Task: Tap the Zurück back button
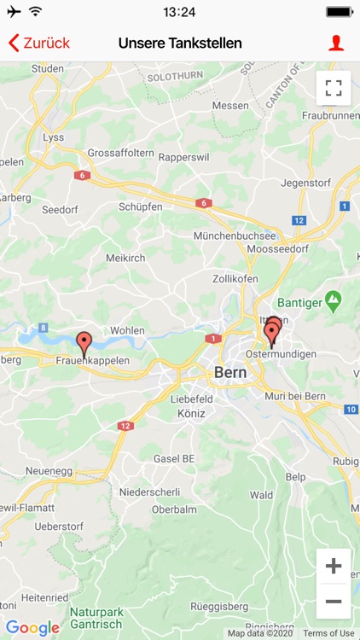[x=38, y=43]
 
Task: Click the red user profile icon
[x=336, y=43]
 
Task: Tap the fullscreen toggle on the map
[x=334, y=88]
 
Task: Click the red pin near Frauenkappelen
[x=84, y=344]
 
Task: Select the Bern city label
[x=230, y=373]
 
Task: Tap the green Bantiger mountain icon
[x=333, y=301]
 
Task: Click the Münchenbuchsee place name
[x=235, y=236]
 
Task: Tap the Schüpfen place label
[x=140, y=207]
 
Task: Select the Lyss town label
[x=53, y=137]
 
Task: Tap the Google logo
[x=32, y=628]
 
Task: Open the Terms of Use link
[x=328, y=633]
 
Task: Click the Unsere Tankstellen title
[x=180, y=43]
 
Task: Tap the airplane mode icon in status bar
[x=14, y=12]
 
